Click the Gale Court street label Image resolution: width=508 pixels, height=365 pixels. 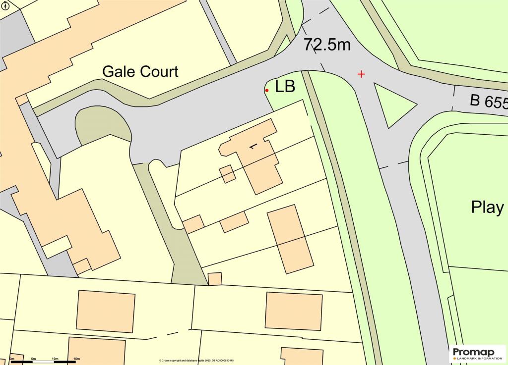coord(140,71)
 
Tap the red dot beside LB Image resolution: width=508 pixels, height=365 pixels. coord(267,90)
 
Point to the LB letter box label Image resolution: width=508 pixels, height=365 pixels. coord(285,87)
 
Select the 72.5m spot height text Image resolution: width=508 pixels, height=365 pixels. coord(327,45)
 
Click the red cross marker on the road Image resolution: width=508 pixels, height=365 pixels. coord(361,74)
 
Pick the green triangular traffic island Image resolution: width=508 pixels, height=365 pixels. coord(392,104)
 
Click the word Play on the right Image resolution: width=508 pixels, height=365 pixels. coord(487,207)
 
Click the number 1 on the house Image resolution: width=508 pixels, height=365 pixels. coord(254,145)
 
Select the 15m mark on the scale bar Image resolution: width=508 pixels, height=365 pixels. coord(76,359)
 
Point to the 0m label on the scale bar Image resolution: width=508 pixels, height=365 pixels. coord(12,359)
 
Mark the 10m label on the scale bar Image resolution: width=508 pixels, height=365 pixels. coord(55,359)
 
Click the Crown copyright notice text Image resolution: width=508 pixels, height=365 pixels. coord(196,361)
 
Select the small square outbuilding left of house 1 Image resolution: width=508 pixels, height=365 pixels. coord(227,174)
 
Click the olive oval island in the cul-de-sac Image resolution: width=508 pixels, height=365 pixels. coord(103,127)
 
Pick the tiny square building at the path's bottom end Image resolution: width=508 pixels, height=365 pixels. coord(215,279)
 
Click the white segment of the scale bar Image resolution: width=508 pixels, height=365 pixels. coord(44,362)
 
